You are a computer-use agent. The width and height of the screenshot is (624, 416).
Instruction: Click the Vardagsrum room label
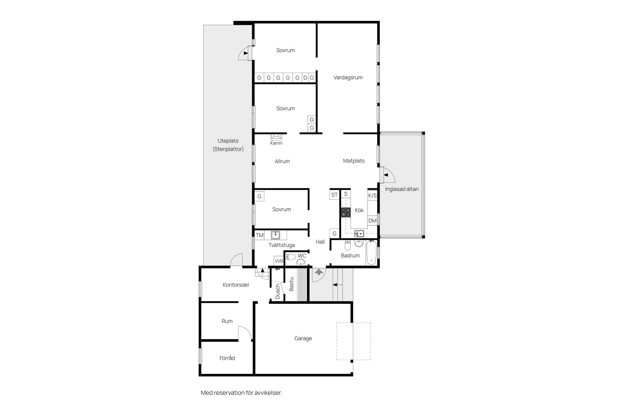pos(348,77)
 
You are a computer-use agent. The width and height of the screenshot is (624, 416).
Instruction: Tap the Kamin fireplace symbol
pos(277,137)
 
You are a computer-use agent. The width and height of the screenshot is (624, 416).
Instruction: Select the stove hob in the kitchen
pos(345,212)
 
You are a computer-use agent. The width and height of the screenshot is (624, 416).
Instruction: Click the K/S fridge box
pos(372,196)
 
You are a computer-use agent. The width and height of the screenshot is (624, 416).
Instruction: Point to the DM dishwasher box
pos(372,221)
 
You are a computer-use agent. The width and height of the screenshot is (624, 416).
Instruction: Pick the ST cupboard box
pos(334,195)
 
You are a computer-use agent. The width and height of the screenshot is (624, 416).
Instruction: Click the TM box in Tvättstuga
pos(259,235)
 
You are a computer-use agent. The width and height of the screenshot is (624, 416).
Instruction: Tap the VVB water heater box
pos(279,261)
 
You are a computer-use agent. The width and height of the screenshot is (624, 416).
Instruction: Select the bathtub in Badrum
pos(371,253)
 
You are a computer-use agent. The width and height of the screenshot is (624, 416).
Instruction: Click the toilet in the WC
pos(291,257)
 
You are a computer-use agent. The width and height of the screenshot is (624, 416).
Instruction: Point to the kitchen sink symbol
pos(359,233)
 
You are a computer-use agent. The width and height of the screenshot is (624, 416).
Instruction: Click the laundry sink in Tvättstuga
pos(275,235)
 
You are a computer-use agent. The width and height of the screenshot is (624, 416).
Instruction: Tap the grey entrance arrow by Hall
pos(318,272)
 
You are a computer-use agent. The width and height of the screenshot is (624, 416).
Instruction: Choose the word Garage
pos(303,338)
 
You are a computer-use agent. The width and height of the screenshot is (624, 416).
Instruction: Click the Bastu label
pos(292,284)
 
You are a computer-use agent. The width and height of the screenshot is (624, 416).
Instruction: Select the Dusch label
pos(278,292)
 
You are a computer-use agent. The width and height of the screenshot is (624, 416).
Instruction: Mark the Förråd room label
pos(227,358)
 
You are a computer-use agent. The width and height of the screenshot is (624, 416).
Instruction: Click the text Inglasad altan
pos(402,189)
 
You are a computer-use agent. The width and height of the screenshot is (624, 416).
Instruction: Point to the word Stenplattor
pos(228,149)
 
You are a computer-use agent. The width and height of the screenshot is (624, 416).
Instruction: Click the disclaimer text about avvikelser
pos(241,393)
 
